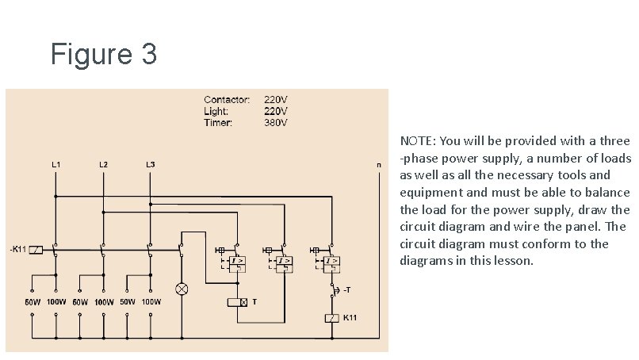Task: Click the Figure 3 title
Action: pyautogui.click(x=103, y=55)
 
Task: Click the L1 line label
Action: pyautogui.click(x=56, y=164)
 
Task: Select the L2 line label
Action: pyautogui.click(x=103, y=164)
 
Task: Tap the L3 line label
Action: pyautogui.click(x=150, y=164)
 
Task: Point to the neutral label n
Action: pyautogui.click(x=378, y=165)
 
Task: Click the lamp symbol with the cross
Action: pyautogui.click(x=182, y=289)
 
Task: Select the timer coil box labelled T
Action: pyautogui.click(x=237, y=302)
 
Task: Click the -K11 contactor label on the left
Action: pyautogui.click(x=19, y=250)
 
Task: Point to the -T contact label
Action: pyautogui.click(x=347, y=290)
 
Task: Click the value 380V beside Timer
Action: pyautogui.click(x=275, y=123)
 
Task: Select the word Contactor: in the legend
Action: pyautogui.click(x=227, y=100)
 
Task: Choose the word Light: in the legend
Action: pyautogui.click(x=216, y=112)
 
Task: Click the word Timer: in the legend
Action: pyautogui.click(x=217, y=123)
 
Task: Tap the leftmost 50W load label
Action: pyautogui.click(x=33, y=302)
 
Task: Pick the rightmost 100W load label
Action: pyautogui.click(x=151, y=302)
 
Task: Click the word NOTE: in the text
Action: pyautogui.click(x=418, y=141)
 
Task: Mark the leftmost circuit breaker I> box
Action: pyautogui.click(x=237, y=261)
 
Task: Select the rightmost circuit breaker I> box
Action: pyautogui.click(x=335, y=261)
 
